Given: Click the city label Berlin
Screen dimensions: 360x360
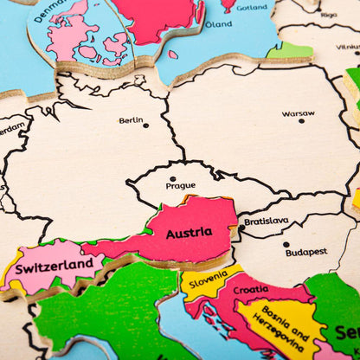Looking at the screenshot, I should pyautogui.click(x=132, y=120).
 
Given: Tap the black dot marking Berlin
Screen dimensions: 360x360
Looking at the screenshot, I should pyautogui.click(x=145, y=125).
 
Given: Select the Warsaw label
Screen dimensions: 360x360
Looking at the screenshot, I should pyautogui.click(x=298, y=113).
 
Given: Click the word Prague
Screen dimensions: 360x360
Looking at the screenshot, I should pyautogui.click(x=180, y=185).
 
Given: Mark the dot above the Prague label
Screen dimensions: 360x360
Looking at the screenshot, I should pyautogui.click(x=172, y=178).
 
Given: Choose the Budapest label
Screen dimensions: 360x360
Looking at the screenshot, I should pyautogui.click(x=306, y=252).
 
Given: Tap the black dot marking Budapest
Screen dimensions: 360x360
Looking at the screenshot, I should pyautogui.click(x=286, y=245).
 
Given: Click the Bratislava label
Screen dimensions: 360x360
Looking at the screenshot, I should pyautogui.click(x=267, y=221).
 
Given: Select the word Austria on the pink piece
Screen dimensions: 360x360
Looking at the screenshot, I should pyautogui.click(x=189, y=232).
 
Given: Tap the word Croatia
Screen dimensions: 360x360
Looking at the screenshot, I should pyautogui.click(x=251, y=289).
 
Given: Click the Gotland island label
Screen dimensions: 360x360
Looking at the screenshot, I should pyautogui.click(x=252, y=7).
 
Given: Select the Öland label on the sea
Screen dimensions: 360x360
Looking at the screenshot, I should pyautogui.click(x=218, y=24).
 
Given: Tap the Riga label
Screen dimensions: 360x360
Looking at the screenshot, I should pyautogui.click(x=328, y=15).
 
